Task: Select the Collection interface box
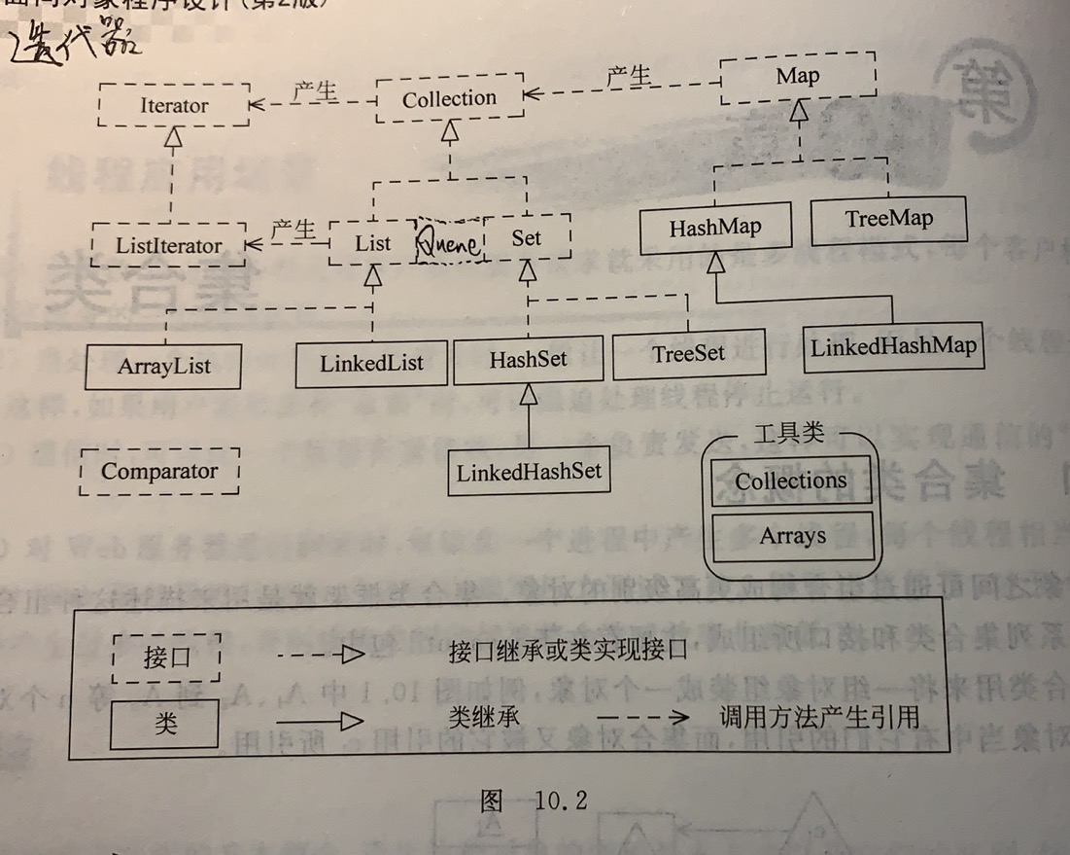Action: [x=449, y=98]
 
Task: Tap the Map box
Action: [x=797, y=77]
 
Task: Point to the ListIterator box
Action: [x=168, y=245]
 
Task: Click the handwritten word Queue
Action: [x=448, y=242]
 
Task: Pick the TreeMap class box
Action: [x=888, y=219]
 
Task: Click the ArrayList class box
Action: [x=163, y=367]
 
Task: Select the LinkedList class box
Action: [x=371, y=364]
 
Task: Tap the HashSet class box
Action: [x=528, y=359]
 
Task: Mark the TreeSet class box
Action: [x=688, y=354]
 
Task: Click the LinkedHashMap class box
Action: [x=893, y=346]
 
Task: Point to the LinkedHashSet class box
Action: [x=530, y=472]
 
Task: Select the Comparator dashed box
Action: [x=159, y=472]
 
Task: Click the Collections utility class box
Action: [x=790, y=481]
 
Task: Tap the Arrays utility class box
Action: [x=793, y=536]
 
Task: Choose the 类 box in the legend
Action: [x=165, y=725]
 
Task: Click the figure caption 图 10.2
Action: [x=534, y=801]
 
